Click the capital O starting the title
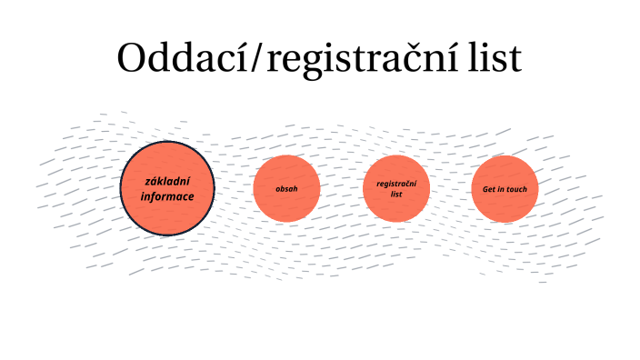(x=132, y=59)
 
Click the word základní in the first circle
(x=167, y=181)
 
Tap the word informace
(x=167, y=195)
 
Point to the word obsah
(x=286, y=189)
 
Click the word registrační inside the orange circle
(x=395, y=183)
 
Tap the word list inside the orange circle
(x=395, y=194)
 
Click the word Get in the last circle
(x=489, y=189)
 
